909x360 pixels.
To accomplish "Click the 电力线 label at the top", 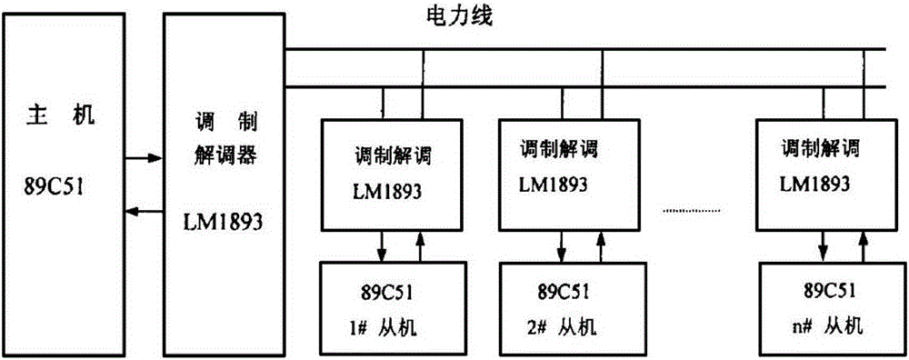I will coord(459,16).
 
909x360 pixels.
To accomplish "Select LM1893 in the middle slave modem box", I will coord(553,183).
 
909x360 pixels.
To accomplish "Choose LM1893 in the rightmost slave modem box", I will coord(815,183).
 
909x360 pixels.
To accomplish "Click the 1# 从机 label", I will coord(382,325).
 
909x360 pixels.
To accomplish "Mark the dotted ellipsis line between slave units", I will coord(695,211).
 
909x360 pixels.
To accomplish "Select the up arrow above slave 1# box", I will coord(421,244).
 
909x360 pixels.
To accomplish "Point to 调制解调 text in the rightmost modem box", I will coord(815,146).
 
